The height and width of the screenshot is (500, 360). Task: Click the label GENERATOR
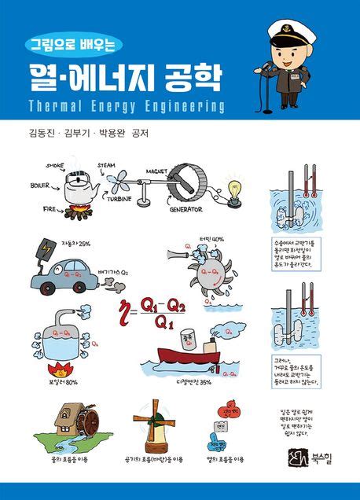point(184,210)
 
